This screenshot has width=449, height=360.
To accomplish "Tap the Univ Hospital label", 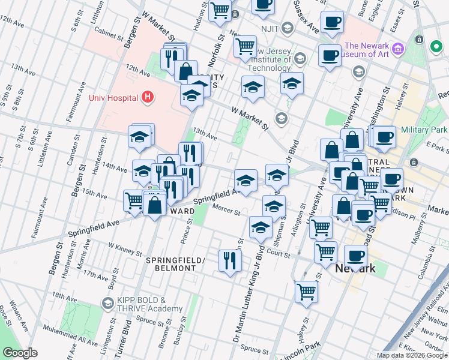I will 113,98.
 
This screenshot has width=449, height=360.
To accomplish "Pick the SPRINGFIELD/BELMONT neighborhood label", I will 175,264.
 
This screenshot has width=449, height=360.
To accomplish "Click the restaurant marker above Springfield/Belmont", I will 230,260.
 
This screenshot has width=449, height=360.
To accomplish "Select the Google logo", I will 20,353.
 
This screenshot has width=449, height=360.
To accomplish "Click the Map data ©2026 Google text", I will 412,355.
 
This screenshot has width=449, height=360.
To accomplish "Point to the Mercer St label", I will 228,212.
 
